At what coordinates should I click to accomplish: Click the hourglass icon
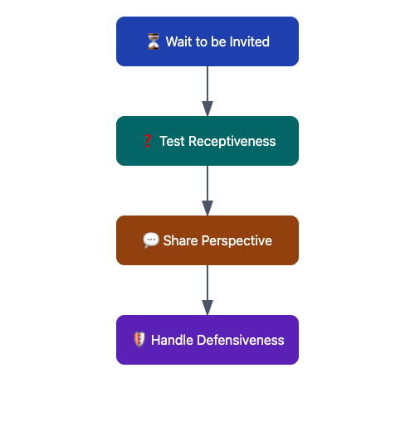click(x=153, y=41)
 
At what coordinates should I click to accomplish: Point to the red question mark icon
click(x=147, y=141)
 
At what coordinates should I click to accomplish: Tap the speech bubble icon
click(x=150, y=240)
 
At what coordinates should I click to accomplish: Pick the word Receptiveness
click(x=232, y=141)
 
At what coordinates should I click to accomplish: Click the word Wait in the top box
click(x=179, y=41)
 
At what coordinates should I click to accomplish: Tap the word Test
click(x=172, y=141)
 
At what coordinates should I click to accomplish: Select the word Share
click(x=180, y=240)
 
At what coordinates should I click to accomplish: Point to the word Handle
click(x=173, y=340)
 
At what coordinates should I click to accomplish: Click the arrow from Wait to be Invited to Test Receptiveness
click(x=207, y=87)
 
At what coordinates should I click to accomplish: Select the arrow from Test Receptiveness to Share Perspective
click(x=207, y=186)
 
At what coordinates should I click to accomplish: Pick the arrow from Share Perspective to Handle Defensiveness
click(x=207, y=286)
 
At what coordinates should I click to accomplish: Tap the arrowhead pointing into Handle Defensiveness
click(x=207, y=308)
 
